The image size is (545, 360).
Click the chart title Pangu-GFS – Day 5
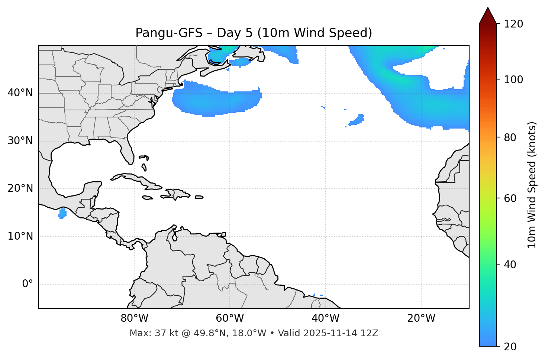(254, 33)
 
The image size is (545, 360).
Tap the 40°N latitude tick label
(20, 93)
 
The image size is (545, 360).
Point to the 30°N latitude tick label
(20, 141)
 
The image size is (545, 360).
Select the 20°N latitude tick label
(20, 188)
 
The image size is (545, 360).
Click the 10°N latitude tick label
(20, 236)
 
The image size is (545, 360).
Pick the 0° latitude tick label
(28, 284)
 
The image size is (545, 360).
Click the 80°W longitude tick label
(134, 318)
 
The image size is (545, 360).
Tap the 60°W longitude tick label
(230, 318)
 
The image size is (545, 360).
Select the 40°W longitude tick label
(326, 318)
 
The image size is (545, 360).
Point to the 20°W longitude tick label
(421, 318)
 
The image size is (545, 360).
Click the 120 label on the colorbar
(514, 24)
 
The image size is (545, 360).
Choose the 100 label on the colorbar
(514, 80)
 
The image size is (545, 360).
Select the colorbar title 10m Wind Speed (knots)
(532, 185)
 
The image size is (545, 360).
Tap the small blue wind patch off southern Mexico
(62, 214)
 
